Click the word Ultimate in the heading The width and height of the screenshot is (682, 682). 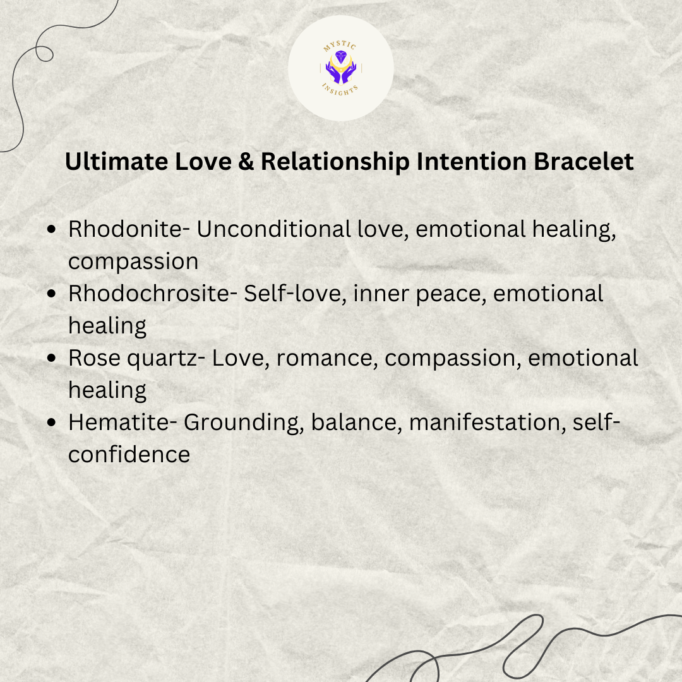coord(116,162)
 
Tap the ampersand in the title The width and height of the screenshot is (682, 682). coord(246,162)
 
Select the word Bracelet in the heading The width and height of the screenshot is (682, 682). coord(583,162)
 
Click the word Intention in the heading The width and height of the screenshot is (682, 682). coord(472,162)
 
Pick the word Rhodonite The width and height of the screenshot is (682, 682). coord(125,229)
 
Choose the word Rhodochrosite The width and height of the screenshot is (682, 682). coord(148,293)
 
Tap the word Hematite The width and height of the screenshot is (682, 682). coord(119,422)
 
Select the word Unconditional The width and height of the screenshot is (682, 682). coord(273,229)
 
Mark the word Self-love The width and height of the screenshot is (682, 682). coord(294,294)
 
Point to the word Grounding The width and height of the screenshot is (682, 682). coord(243,423)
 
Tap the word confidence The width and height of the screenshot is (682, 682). coord(129,454)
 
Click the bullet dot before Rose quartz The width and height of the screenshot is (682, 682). coord(51,358)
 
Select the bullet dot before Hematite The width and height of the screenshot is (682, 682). coord(51,422)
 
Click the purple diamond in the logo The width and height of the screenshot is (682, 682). coord(341,57)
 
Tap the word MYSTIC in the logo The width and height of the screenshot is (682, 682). coord(340,45)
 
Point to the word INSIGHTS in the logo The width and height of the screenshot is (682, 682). coord(340,90)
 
